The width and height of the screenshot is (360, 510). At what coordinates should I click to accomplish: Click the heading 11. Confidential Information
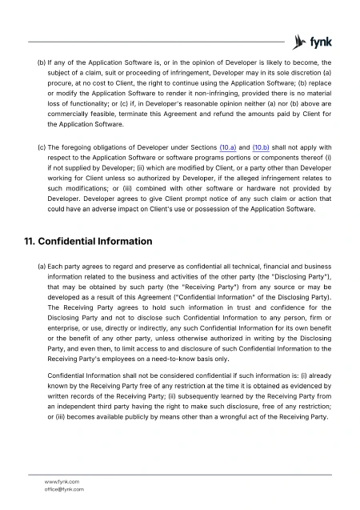[x=90, y=241]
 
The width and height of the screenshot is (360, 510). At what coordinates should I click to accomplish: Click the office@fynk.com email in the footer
[x=64, y=488]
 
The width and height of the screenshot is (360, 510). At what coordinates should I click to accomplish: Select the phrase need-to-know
[x=183, y=359]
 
